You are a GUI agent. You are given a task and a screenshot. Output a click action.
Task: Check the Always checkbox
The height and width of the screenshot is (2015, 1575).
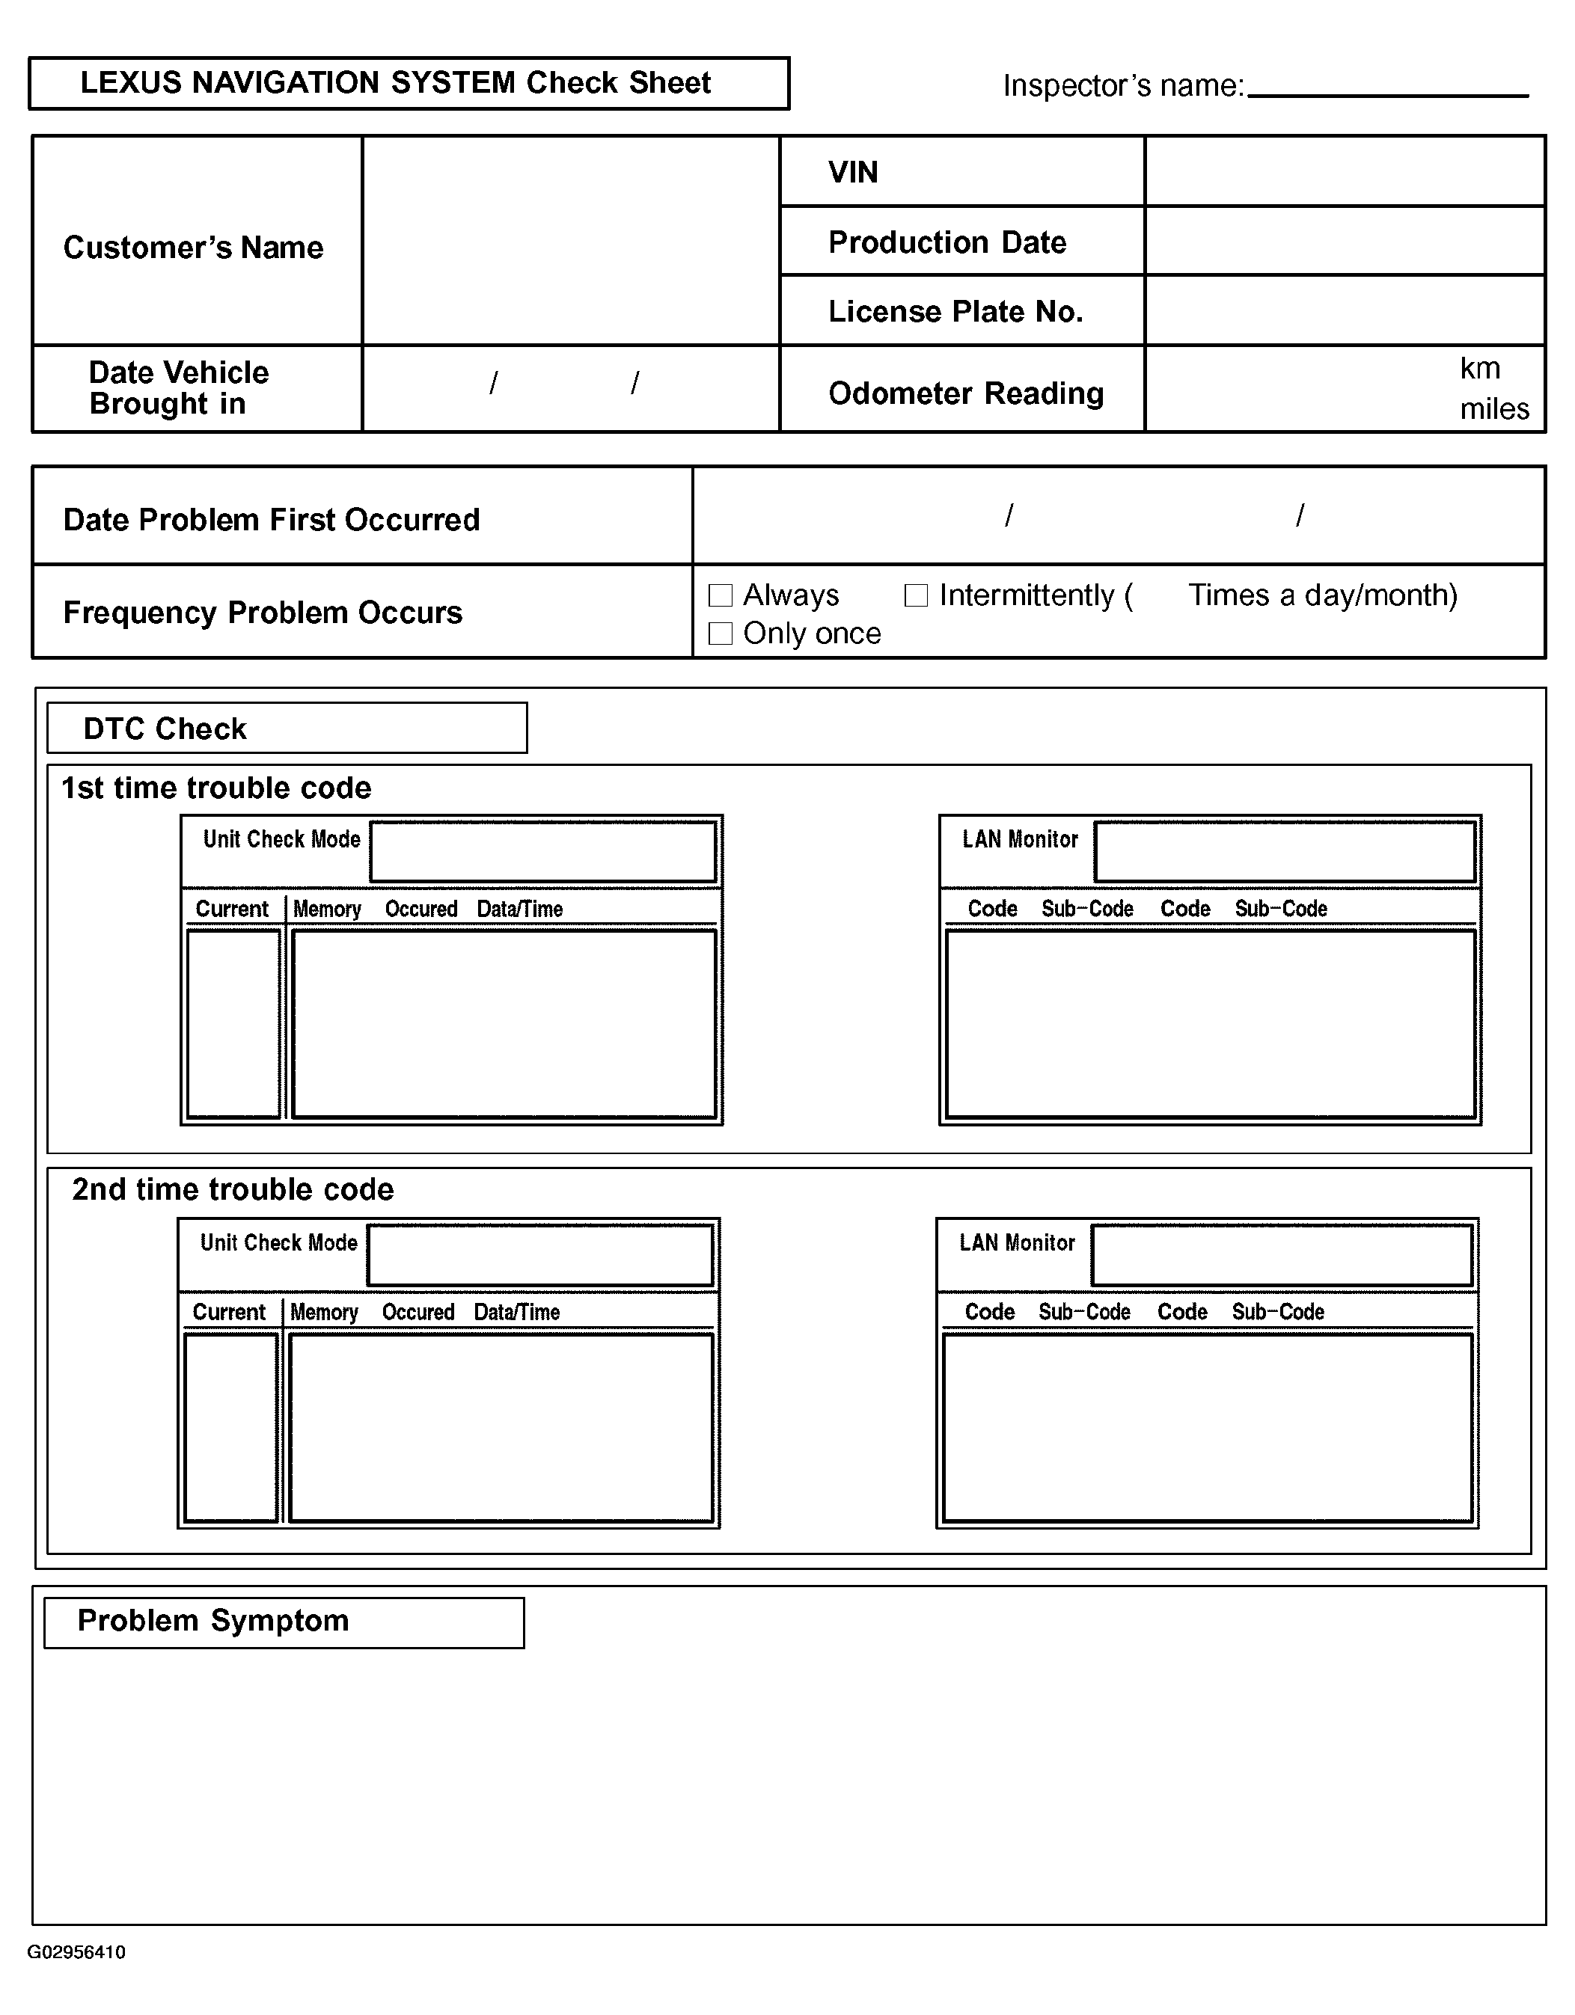(x=720, y=595)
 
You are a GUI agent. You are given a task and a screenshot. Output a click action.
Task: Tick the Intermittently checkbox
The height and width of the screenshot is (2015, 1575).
(x=915, y=595)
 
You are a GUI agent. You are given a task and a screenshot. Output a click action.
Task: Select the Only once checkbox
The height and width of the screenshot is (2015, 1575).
(x=720, y=634)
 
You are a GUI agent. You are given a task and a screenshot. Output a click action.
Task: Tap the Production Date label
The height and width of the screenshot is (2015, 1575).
(x=946, y=242)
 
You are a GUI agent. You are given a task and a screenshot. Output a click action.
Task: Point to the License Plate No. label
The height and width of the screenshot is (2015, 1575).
(x=955, y=312)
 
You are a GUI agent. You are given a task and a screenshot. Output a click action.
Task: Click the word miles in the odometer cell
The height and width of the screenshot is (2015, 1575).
(x=1493, y=408)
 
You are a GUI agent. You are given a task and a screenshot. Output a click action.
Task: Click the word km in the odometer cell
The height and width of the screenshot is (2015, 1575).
(x=1479, y=368)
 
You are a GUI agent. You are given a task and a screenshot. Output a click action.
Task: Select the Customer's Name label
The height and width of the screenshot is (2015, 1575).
(x=193, y=248)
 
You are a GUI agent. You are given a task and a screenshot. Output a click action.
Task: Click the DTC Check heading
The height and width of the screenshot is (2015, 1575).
(x=165, y=729)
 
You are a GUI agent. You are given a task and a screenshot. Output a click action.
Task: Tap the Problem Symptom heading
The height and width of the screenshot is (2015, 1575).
(x=213, y=1621)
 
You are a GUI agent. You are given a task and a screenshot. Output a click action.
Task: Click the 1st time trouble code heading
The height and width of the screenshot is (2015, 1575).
(x=216, y=788)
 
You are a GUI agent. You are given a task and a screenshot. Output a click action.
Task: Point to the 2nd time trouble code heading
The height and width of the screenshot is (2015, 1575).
(x=233, y=1190)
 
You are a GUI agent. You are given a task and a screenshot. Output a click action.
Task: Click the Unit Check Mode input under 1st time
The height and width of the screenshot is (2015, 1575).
(x=542, y=853)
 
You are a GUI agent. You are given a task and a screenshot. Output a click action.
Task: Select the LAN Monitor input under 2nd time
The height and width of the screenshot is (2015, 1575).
(x=1282, y=1256)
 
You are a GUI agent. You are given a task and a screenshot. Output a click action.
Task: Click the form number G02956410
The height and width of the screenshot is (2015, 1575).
(x=76, y=1952)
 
